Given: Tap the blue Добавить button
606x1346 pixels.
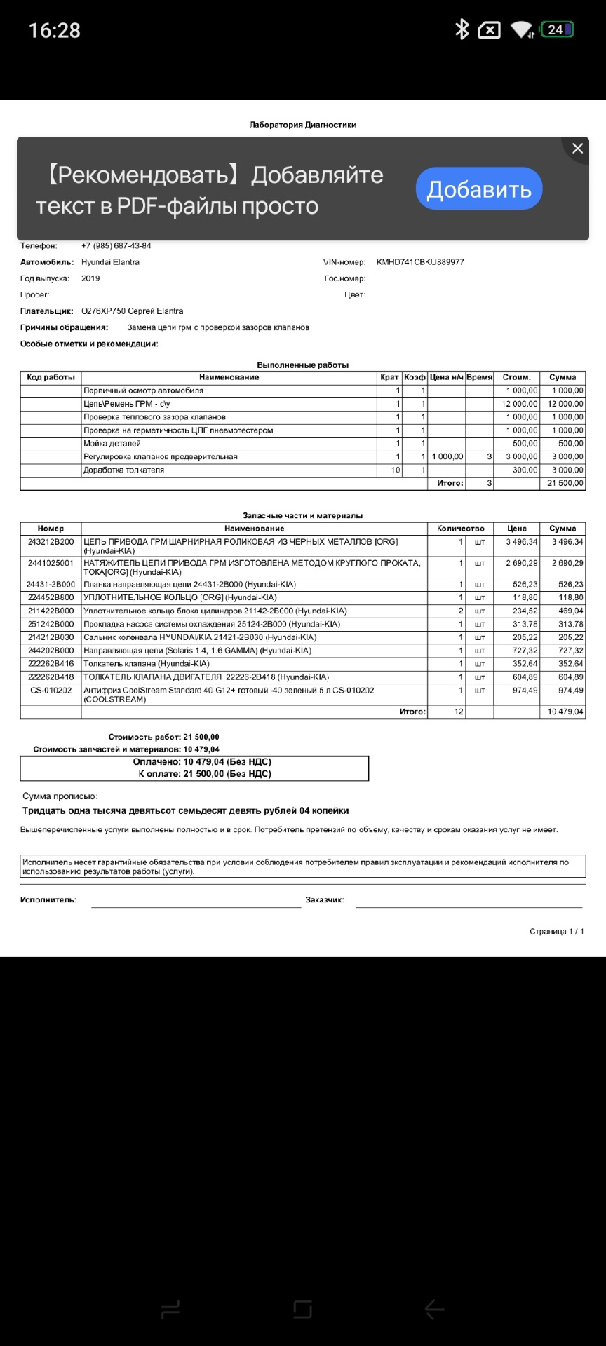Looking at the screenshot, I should click(x=479, y=189).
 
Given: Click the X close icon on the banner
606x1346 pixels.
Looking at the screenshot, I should click(x=577, y=149).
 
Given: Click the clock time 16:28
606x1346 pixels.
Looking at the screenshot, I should click(x=55, y=31).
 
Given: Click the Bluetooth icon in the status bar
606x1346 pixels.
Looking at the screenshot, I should click(x=462, y=29).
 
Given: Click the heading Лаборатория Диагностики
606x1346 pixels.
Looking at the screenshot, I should click(x=303, y=125).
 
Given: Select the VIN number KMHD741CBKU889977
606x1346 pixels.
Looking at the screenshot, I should click(x=420, y=262).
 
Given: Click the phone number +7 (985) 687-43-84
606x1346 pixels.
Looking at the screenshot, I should click(x=116, y=246).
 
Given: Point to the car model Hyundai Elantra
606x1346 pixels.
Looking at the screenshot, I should click(x=110, y=262).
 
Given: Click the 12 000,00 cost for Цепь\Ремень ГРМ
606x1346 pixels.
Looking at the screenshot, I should click(x=520, y=404).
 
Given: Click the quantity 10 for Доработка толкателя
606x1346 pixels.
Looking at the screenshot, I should click(x=396, y=470).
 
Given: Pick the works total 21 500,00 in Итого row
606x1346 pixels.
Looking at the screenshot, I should click(x=565, y=484).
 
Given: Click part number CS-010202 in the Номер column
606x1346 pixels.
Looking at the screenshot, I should click(x=50, y=691).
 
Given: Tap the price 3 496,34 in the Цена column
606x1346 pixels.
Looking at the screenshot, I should click(x=521, y=542).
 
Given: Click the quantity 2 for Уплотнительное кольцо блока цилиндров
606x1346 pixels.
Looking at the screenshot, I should click(x=461, y=611).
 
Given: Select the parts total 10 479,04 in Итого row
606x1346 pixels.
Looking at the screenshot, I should click(x=565, y=712).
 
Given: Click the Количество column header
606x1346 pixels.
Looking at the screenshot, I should click(x=460, y=529).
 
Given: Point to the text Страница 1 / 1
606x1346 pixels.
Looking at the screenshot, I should click(x=556, y=932).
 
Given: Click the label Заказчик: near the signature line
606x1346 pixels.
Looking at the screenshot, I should click(x=325, y=900).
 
